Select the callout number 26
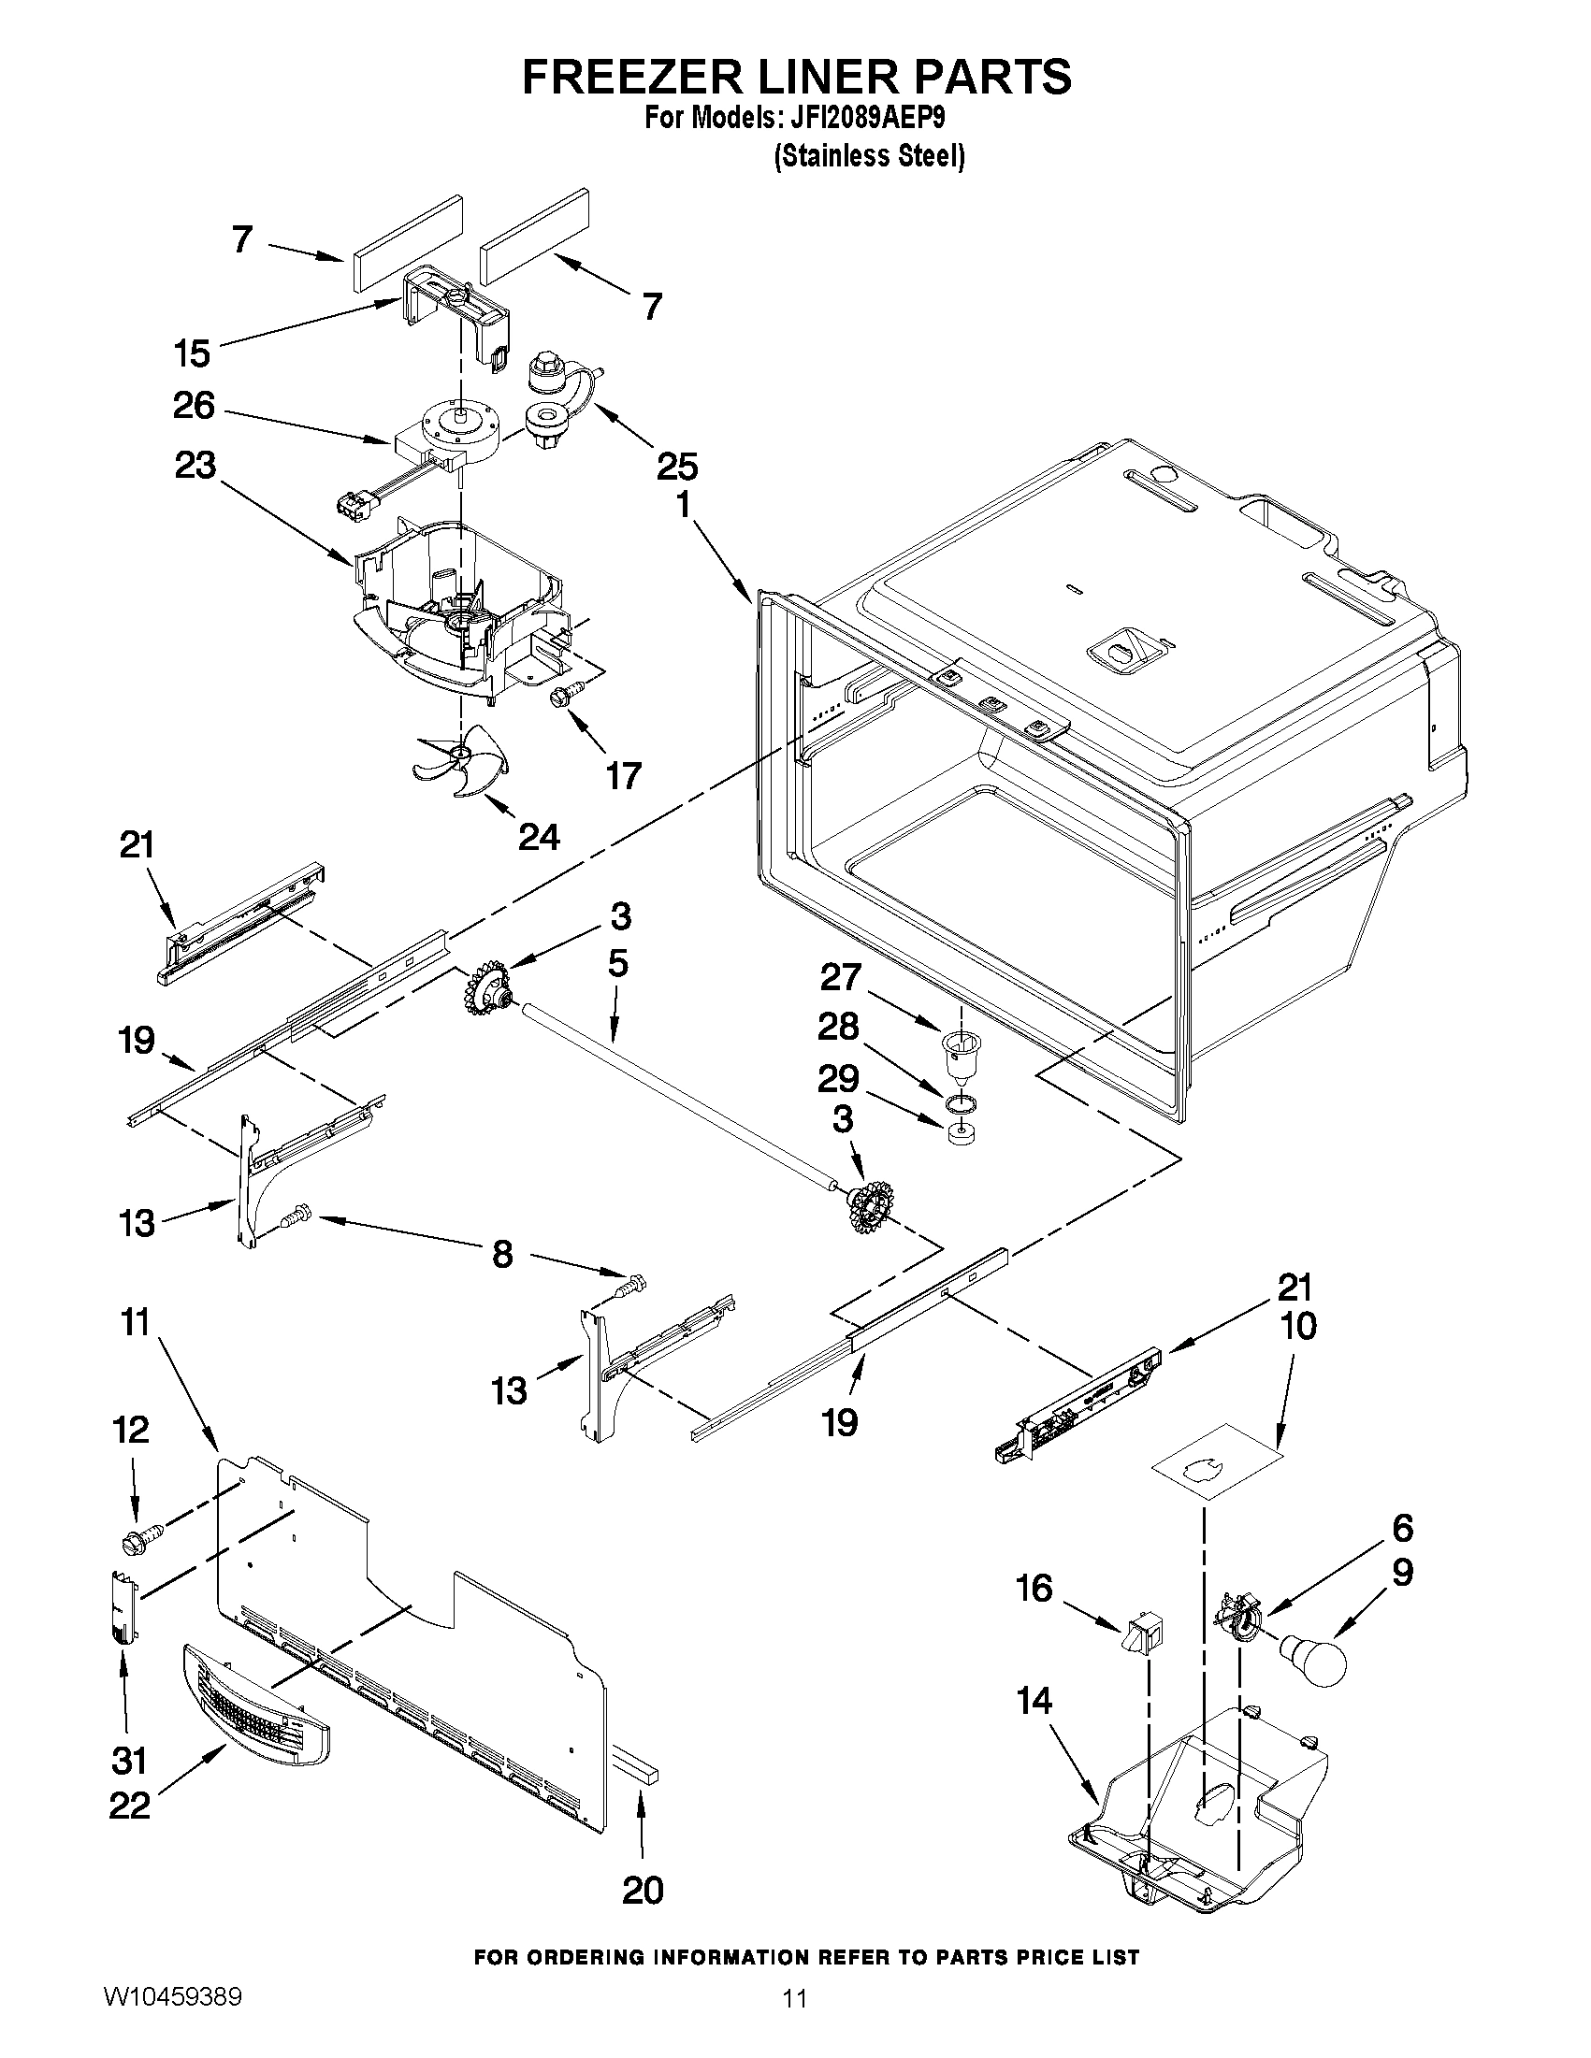(195, 406)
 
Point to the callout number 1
(683, 505)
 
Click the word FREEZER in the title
(632, 78)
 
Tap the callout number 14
(1034, 1701)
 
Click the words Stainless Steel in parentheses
(869, 156)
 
